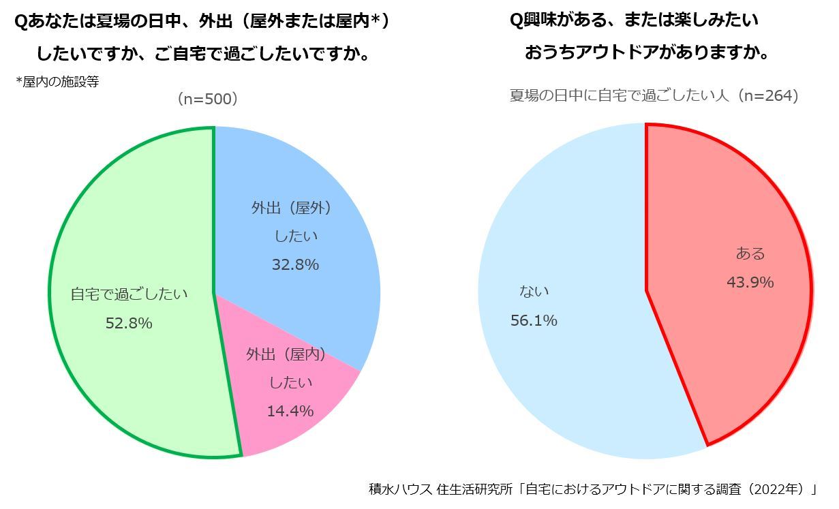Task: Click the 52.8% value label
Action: click(x=129, y=324)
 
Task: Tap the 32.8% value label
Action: click(x=295, y=264)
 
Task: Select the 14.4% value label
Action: click(x=290, y=411)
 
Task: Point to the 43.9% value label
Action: click(x=750, y=282)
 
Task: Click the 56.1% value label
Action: click(x=534, y=320)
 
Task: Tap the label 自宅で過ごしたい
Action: click(x=129, y=295)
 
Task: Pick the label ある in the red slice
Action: click(x=750, y=253)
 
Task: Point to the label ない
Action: click(x=534, y=292)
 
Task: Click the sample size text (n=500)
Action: click(x=207, y=99)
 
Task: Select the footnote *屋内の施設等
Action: click(x=57, y=82)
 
